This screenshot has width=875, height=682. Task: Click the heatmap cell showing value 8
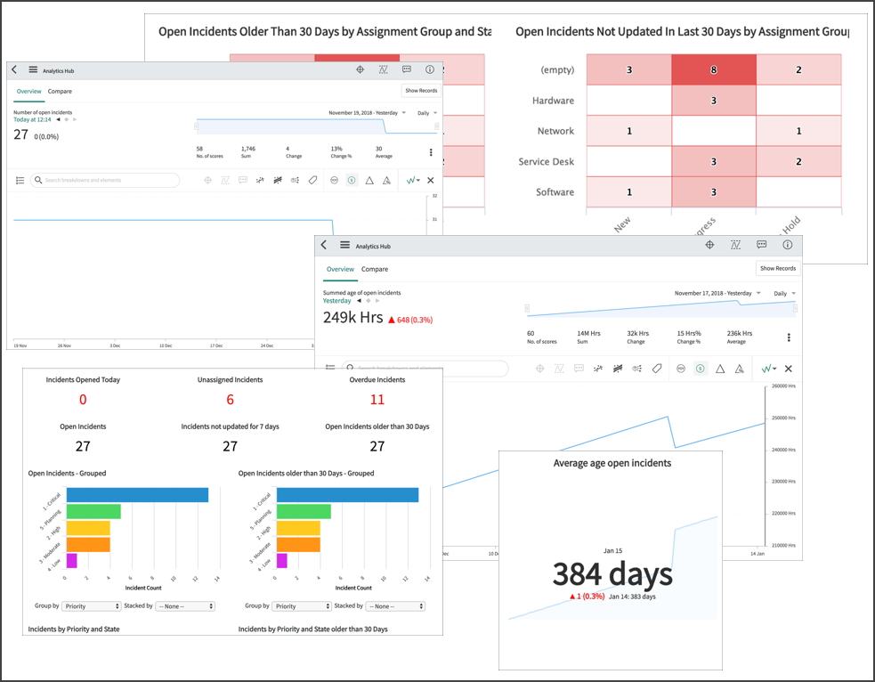[714, 69]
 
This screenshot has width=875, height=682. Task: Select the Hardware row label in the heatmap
[553, 101]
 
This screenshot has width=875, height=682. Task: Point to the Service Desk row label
[546, 162]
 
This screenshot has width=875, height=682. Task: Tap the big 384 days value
[612, 574]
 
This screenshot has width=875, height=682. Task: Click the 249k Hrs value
[352, 318]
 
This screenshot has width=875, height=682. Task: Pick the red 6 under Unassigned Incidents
[230, 400]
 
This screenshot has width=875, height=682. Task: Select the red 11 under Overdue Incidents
[377, 400]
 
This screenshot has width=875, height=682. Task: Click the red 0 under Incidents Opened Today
[83, 400]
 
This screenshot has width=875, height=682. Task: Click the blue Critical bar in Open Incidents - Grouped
[137, 495]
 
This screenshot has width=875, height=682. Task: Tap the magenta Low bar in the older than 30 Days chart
[282, 560]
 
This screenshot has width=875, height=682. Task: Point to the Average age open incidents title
[612, 463]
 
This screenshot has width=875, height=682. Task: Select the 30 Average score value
[378, 149]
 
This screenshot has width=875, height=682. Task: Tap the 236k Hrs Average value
[736, 333]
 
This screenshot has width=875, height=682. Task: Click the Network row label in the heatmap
[555, 131]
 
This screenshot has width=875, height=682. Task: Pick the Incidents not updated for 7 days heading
[230, 426]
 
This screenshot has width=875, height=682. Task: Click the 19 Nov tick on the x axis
[19, 345]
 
